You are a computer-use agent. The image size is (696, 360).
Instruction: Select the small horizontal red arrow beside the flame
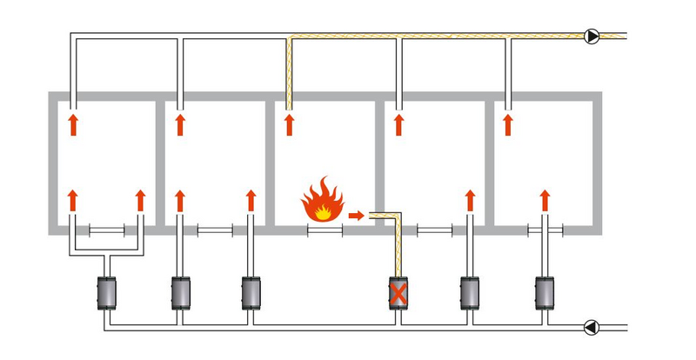(355, 212)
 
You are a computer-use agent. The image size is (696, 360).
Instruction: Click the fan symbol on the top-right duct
(592, 37)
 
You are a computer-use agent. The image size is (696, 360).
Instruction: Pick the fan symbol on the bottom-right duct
(592, 328)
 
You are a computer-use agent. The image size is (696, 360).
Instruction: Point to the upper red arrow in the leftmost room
(72, 123)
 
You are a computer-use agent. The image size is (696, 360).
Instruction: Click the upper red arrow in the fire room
(289, 123)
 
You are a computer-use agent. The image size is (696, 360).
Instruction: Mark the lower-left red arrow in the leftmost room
(72, 199)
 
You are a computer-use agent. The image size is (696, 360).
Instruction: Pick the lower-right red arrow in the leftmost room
(140, 199)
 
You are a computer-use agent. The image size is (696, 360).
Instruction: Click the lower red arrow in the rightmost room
(545, 199)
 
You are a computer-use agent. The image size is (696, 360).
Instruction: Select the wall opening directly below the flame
(325, 230)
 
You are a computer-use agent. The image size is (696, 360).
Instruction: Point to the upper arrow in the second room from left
(180, 123)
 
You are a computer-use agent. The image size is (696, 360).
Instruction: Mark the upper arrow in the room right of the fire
(399, 123)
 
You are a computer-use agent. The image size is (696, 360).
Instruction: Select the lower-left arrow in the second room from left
(180, 199)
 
